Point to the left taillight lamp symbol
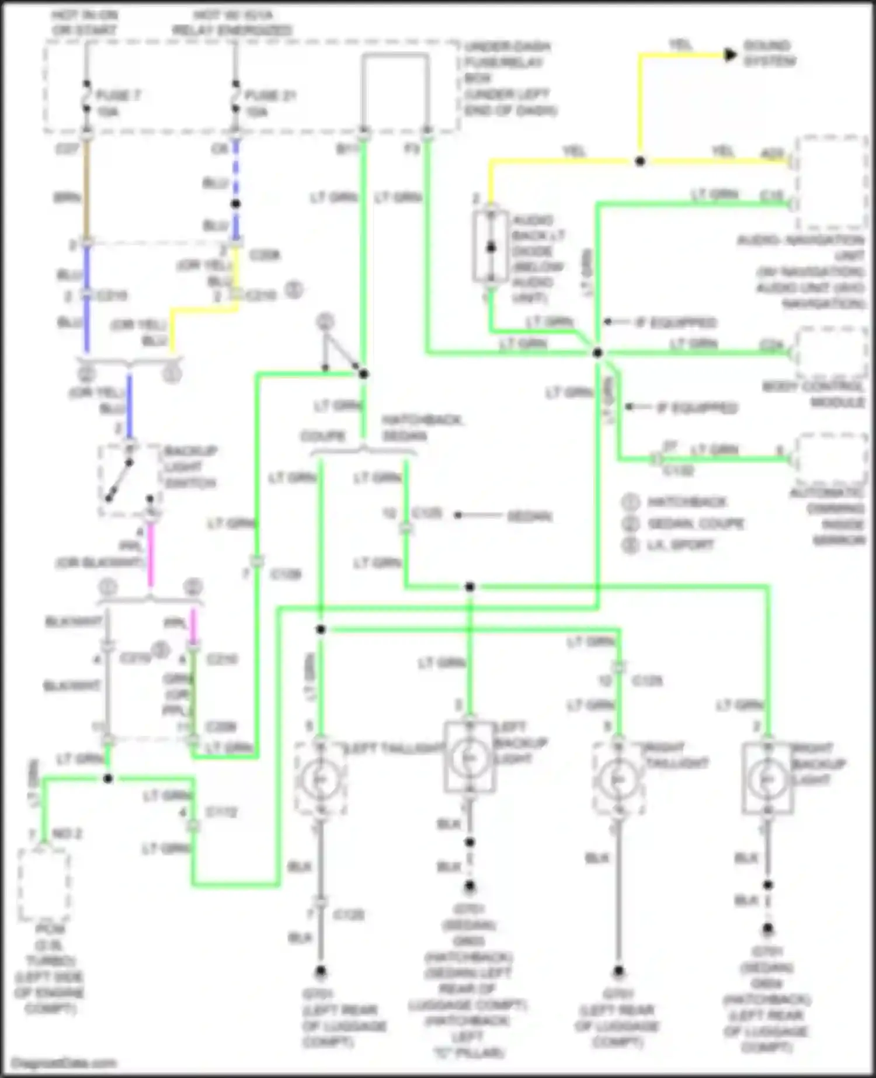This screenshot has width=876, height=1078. click(x=320, y=779)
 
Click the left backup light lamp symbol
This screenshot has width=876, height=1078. click(x=470, y=758)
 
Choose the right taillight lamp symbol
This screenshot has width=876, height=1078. click(x=618, y=779)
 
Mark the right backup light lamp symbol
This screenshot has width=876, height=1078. click(x=767, y=779)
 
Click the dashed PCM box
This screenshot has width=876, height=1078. click(x=44, y=885)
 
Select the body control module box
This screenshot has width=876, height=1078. click(x=832, y=353)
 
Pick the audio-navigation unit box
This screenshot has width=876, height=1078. click(x=832, y=182)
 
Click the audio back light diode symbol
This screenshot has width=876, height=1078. click(x=491, y=247)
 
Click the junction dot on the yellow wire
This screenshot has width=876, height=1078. click(x=640, y=161)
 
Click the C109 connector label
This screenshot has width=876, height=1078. click(x=286, y=575)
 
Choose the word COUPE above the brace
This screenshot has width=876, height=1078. click(x=323, y=436)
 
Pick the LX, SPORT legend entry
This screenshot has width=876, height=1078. click(x=680, y=545)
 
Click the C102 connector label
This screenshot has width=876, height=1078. click(x=679, y=471)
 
